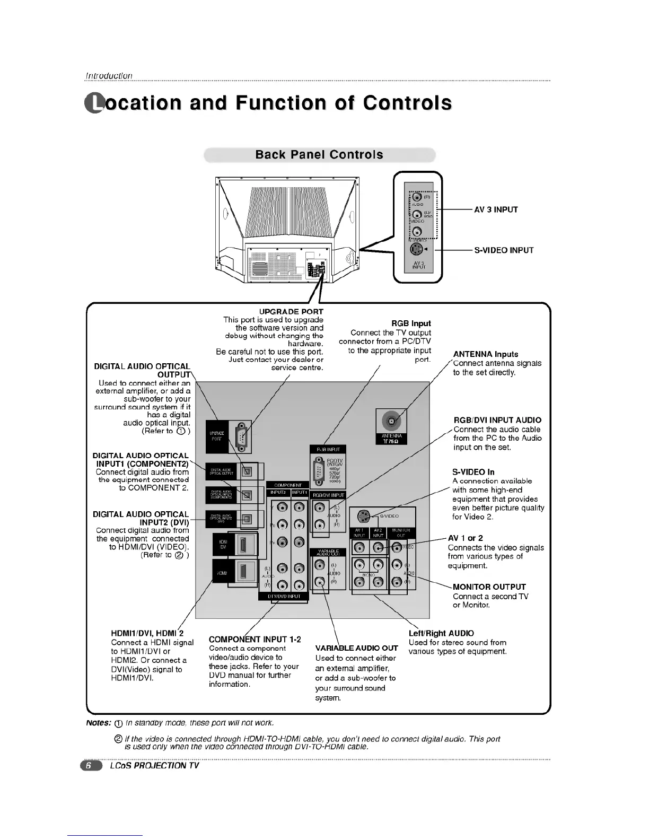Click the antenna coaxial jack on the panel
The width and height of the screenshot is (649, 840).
(391, 421)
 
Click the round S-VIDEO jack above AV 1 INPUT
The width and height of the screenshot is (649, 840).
(363, 516)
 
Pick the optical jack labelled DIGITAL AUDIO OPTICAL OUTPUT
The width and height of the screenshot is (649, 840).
(247, 470)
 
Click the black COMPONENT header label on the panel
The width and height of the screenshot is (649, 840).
(288, 485)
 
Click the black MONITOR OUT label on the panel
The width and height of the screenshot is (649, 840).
(401, 533)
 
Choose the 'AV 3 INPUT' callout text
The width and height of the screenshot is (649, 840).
(496, 209)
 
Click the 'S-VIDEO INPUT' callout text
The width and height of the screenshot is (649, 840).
(504, 250)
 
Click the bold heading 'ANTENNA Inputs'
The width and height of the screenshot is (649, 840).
(485, 354)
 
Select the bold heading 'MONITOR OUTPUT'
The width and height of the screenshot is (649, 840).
(489, 587)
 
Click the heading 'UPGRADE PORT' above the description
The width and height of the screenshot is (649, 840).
(291, 312)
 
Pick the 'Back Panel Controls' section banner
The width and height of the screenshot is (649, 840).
(319, 155)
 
